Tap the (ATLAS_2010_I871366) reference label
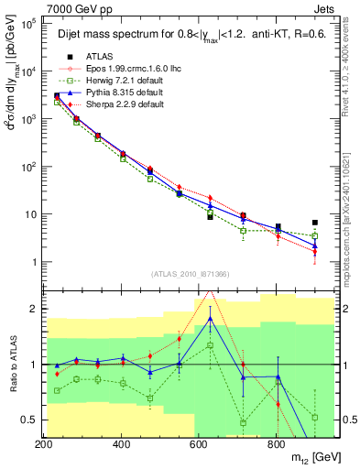[190, 274]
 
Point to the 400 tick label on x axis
[121, 444]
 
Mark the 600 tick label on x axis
[198, 444]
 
